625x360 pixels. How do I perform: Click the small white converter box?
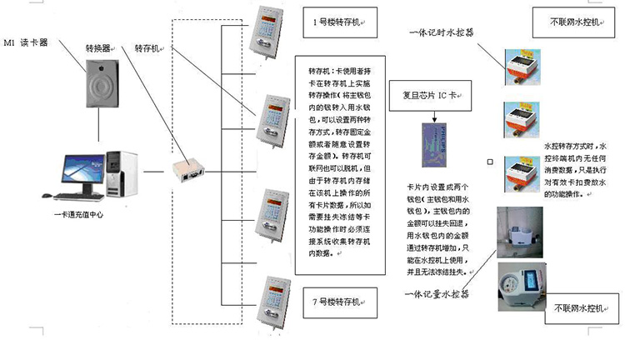(186, 170)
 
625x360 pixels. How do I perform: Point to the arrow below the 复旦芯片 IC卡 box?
(434, 116)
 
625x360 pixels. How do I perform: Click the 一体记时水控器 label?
(442, 34)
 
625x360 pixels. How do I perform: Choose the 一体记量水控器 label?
(436, 294)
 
